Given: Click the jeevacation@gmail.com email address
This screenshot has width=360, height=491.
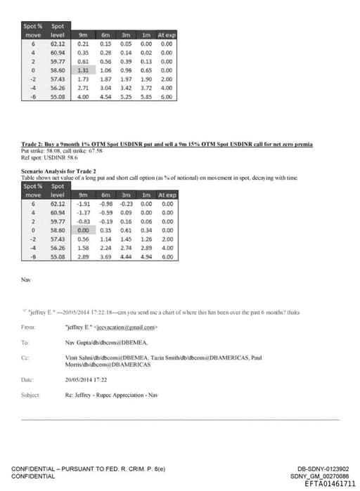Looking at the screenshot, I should [x=134, y=327].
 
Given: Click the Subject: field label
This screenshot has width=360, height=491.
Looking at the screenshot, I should [x=31, y=395].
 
